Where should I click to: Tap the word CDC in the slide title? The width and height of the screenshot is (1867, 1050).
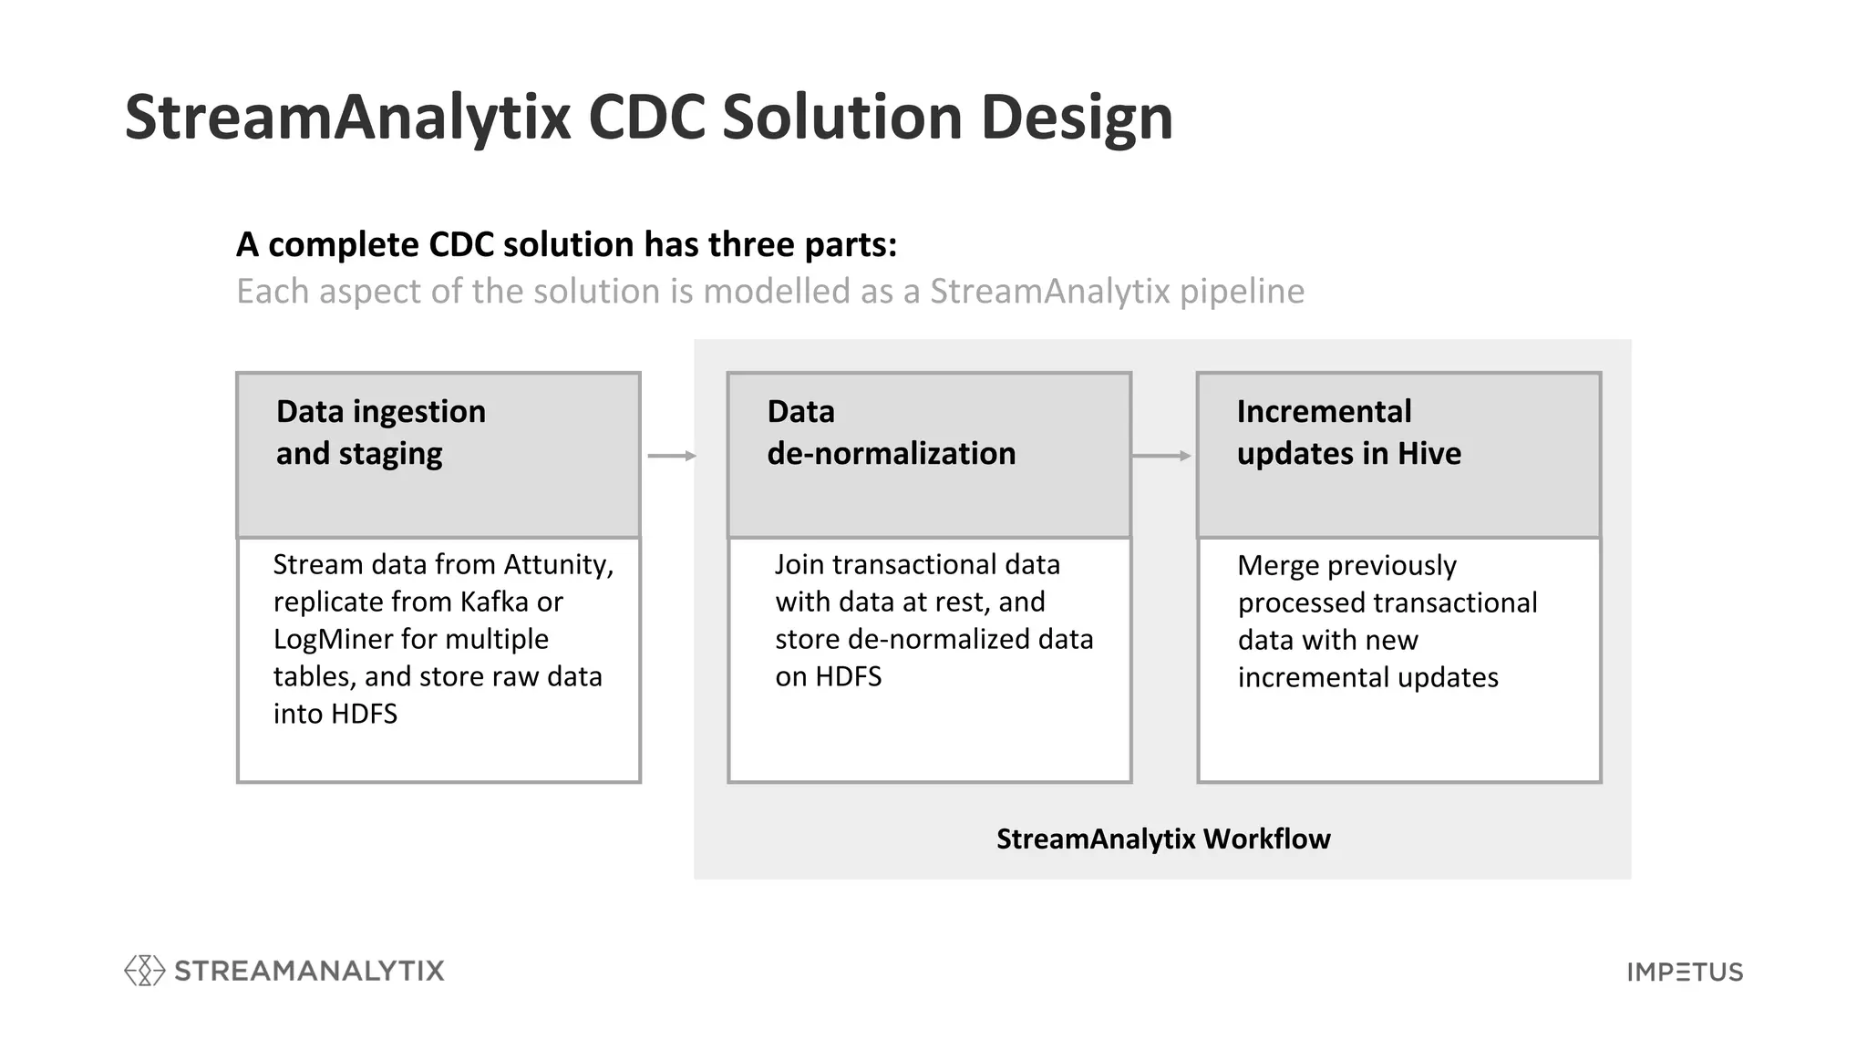[645, 118]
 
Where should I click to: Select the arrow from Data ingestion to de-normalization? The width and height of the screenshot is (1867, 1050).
[672, 456]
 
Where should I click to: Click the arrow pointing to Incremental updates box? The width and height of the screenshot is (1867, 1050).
[1161, 456]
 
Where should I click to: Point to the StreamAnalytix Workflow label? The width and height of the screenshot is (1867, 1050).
[1162, 839]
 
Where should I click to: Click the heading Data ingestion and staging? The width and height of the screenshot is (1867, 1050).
[381, 432]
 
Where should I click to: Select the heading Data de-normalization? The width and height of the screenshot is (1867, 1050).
[891, 432]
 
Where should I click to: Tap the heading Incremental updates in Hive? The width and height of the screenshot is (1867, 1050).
[1348, 432]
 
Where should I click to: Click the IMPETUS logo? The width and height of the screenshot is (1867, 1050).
[1685, 972]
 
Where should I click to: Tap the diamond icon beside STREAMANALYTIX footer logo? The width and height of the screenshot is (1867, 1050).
[144, 971]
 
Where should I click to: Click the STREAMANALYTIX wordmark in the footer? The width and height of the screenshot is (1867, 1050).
[309, 971]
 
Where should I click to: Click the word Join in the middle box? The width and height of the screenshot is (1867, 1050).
[799, 565]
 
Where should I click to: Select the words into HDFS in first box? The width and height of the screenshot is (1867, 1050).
[335, 714]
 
